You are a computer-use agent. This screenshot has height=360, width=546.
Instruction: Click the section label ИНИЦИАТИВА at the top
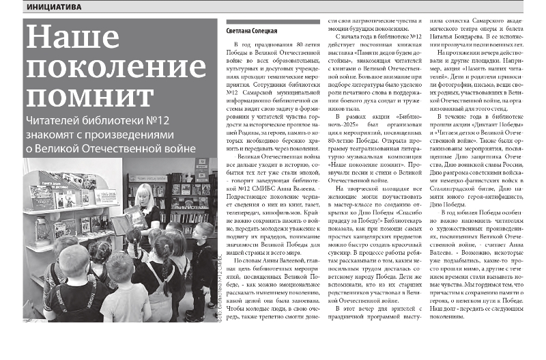(x=52, y=7)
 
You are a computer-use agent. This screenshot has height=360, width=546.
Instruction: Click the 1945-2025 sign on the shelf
(x=106, y=197)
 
